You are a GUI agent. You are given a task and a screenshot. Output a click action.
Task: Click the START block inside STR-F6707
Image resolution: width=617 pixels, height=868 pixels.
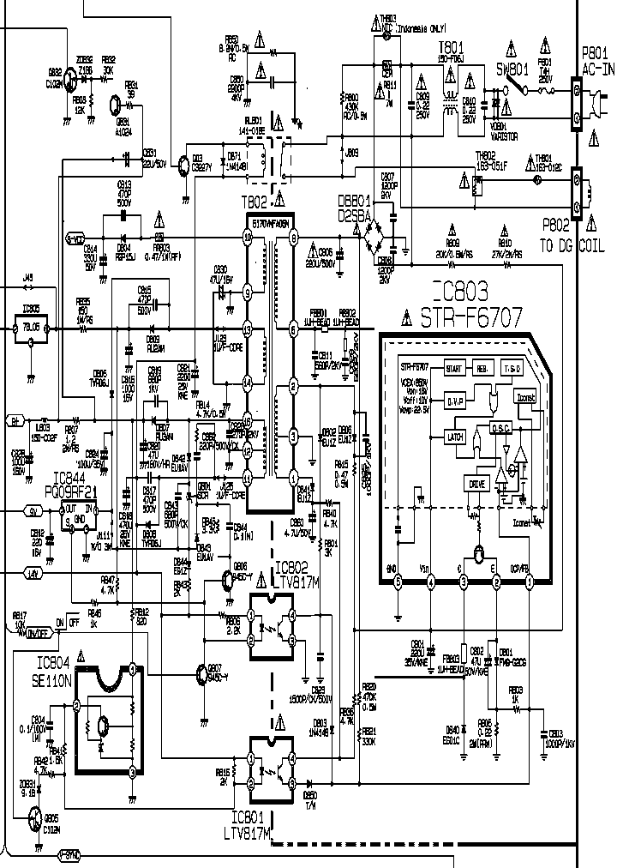click(x=455, y=368)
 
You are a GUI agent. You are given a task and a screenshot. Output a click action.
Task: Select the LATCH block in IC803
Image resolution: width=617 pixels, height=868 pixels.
click(x=456, y=436)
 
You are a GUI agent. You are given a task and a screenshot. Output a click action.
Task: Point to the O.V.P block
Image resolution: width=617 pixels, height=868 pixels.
click(x=456, y=400)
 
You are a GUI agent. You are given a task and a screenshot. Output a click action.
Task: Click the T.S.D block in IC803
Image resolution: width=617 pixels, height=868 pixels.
click(x=512, y=368)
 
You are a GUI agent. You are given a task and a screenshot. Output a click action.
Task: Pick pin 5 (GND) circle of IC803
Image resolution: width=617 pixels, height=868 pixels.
click(x=398, y=582)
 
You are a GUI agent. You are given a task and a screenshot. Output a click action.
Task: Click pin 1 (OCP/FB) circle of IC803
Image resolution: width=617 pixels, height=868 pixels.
click(x=530, y=582)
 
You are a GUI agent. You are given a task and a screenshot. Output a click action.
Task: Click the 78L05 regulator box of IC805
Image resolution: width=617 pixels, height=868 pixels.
click(x=32, y=327)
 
